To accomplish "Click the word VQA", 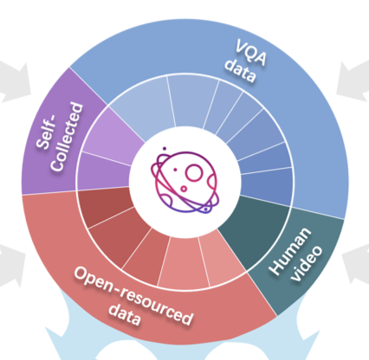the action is [x=250, y=53].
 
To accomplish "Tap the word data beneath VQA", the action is [x=241, y=71].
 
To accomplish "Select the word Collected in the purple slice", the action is [x=67, y=137].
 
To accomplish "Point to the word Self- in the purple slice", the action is [x=46, y=132].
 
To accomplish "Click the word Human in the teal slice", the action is [x=289, y=251].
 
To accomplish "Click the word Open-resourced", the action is [x=133, y=295].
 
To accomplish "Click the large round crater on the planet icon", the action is [x=193, y=173].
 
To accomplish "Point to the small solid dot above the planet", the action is [x=165, y=149].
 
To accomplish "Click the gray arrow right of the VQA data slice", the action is [x=353, y=80].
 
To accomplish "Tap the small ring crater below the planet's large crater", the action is [x=184, y=189].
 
